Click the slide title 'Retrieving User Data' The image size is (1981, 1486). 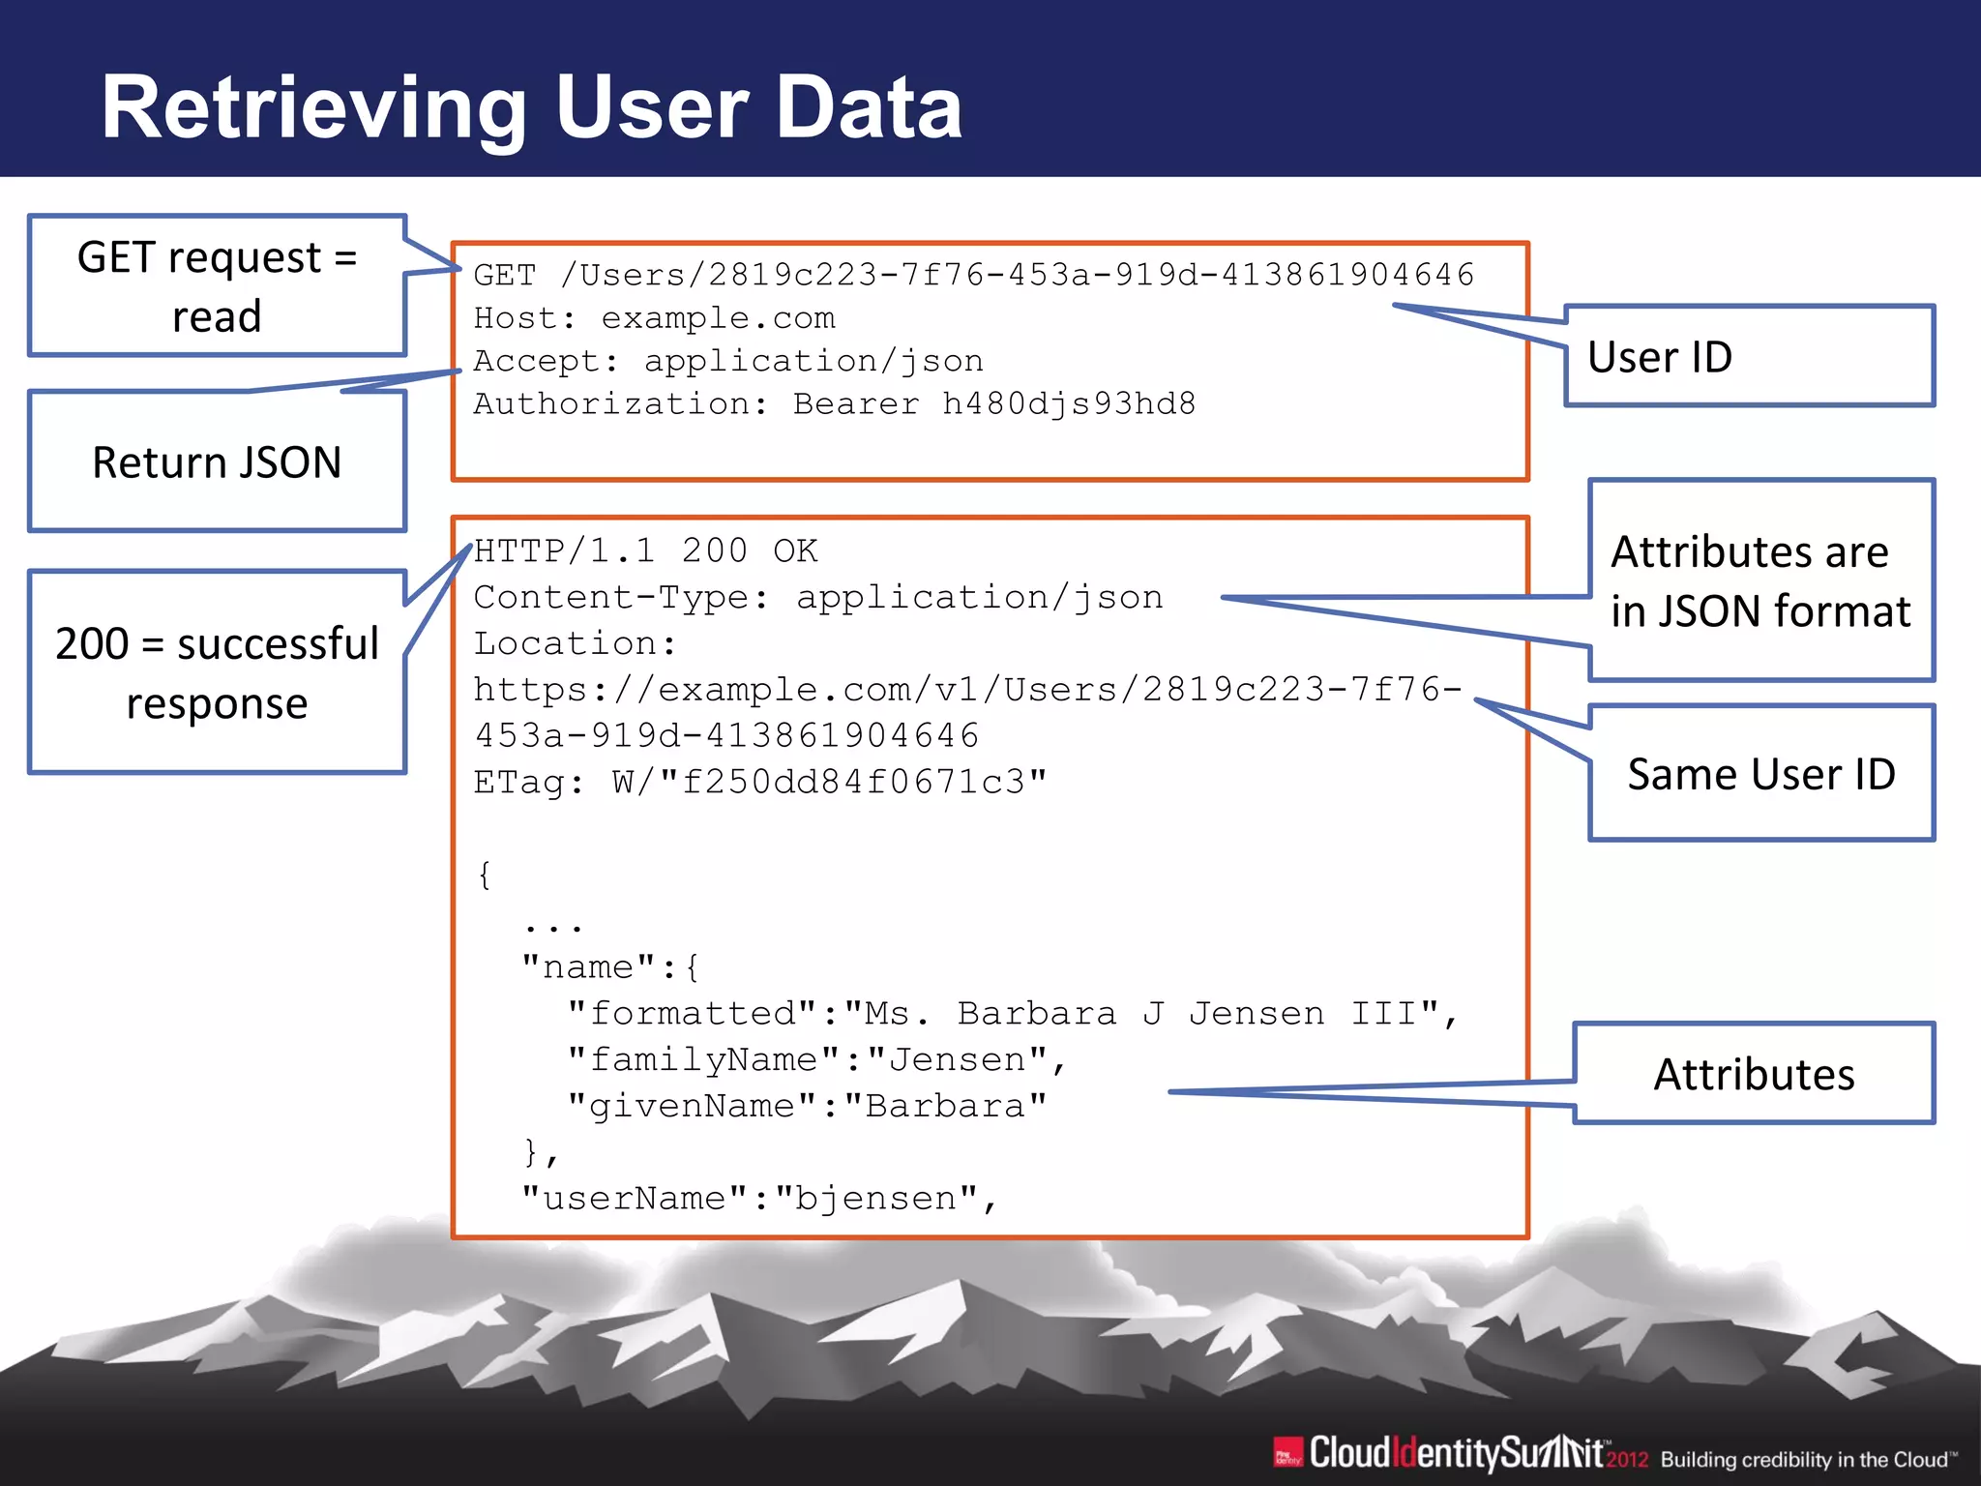coord(532,107)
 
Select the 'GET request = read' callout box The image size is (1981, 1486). coord(217,286)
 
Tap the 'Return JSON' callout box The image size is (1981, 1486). coord(217,462)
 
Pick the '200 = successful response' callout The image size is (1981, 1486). coord(217,672)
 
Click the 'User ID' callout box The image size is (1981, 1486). coord(1749,357)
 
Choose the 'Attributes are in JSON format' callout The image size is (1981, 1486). coord(1760,581)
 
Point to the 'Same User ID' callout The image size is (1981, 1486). coord(1760,774)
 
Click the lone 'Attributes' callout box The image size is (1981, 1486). coord(1754,1074)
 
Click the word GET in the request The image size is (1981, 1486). coord(504,276)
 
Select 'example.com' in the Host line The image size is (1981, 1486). coord(718,318)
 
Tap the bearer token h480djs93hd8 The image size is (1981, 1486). coord(1069,403)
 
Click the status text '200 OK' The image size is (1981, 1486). coord(749,551)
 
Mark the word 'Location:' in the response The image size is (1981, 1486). coord(575,643)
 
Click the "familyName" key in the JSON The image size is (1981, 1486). coord(703,1060)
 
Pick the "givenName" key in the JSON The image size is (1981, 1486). coord(692,1106)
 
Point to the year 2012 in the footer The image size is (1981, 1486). coord(1627,1459)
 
